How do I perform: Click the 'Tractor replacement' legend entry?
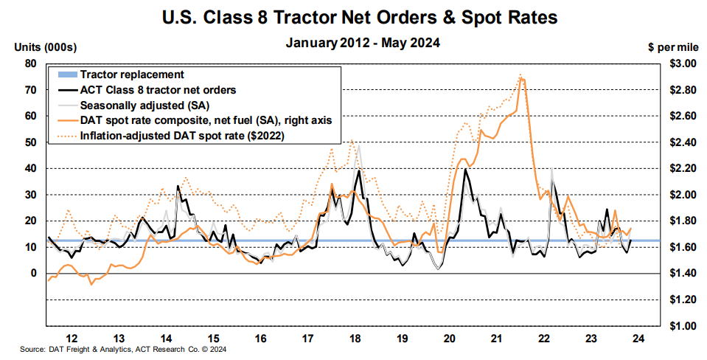(132, 75)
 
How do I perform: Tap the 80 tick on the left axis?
(31, 63)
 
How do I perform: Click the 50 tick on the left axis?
(31, 142)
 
